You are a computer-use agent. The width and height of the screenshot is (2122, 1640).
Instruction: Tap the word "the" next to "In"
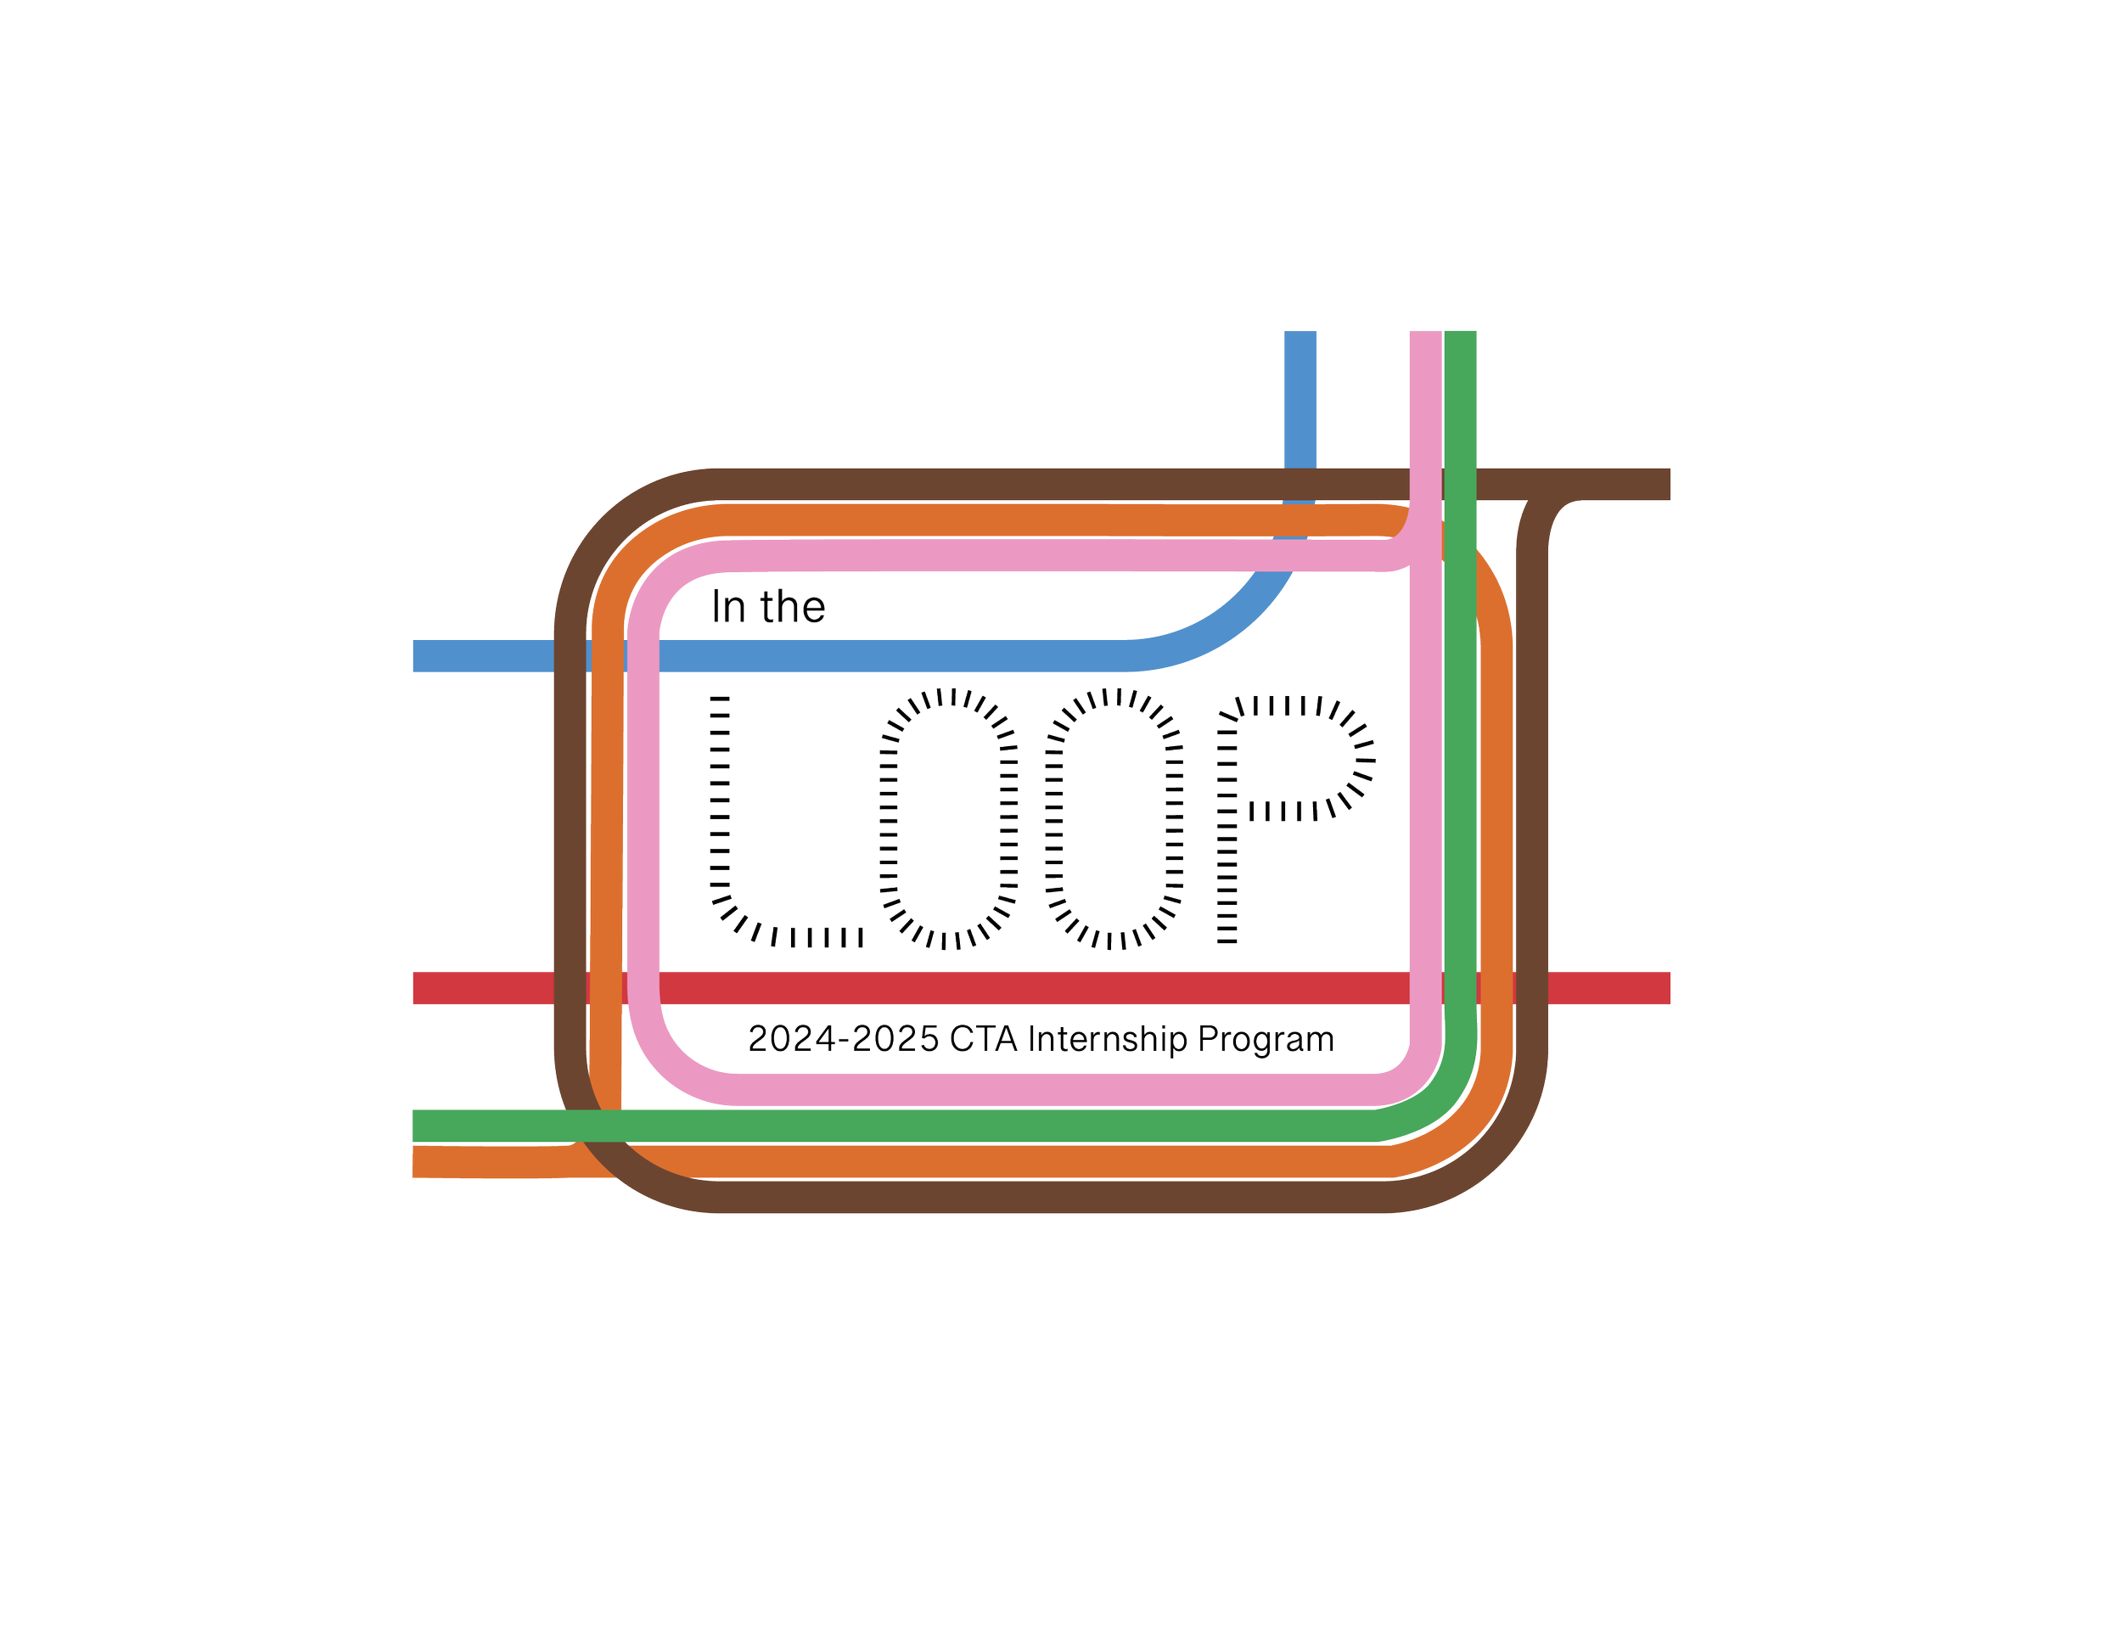click(x=793, y=607)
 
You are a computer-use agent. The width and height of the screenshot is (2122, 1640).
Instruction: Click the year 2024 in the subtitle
click(x=792, y=1041)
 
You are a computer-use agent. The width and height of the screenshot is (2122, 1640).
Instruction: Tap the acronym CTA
click(x=983, y=1041)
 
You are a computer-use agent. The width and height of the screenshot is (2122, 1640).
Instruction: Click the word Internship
click(x=1107, y=1042)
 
